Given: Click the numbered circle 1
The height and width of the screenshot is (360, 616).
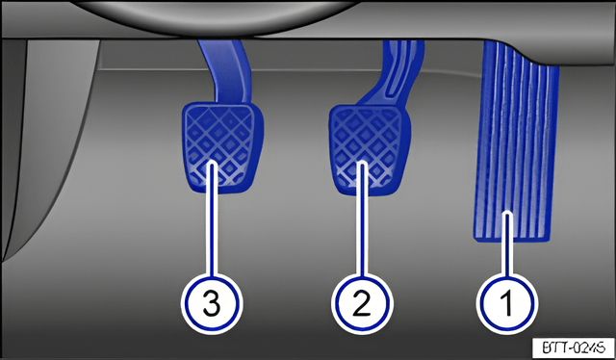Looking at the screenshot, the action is pos(507,303).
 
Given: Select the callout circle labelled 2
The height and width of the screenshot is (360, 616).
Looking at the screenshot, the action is pos(362,303).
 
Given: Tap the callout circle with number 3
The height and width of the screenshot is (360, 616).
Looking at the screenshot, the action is pos(212,303).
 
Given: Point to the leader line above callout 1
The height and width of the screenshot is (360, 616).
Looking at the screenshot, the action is pos(507,244).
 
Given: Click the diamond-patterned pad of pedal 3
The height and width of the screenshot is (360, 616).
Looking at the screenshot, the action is pos(222,147).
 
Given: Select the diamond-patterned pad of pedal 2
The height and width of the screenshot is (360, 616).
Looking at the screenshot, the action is pos(370,149).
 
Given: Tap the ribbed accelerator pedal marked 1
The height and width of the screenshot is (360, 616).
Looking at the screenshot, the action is pos(516,141).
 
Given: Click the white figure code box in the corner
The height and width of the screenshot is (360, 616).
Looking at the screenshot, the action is pos(574,347).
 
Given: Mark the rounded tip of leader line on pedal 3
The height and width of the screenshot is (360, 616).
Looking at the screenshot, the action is pos(212,165).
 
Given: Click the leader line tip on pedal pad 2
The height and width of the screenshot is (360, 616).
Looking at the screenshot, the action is pos(362,165).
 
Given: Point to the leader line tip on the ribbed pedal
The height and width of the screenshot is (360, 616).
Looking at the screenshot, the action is pos(507,215).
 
